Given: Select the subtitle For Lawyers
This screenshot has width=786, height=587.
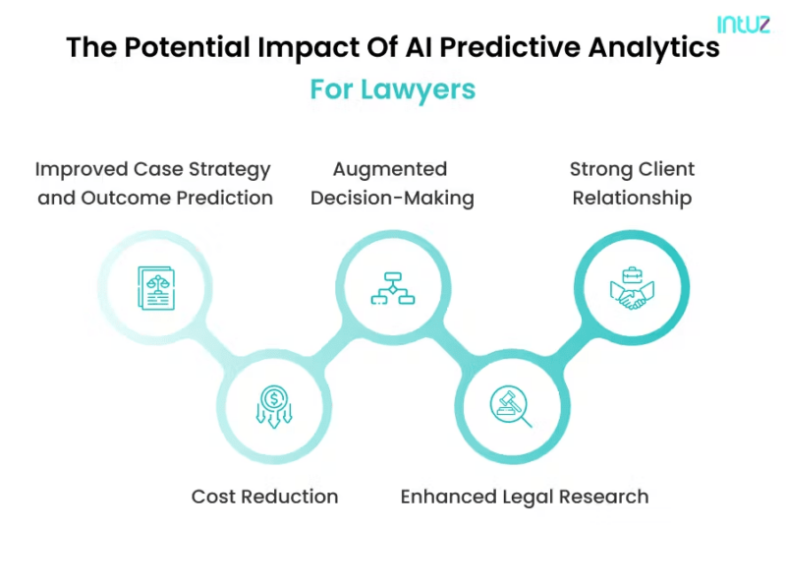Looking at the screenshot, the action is (x=393, y=89).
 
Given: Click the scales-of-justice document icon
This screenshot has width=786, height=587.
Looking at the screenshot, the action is (x=154, y=287).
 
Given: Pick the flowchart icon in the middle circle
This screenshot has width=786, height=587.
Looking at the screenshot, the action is (x=392, y=287).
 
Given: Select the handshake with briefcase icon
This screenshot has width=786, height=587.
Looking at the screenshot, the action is (x=632, y=287).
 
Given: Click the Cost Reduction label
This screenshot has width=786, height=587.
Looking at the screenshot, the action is (x=264, y=497).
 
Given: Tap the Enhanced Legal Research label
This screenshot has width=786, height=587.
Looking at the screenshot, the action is (x=524, y=497).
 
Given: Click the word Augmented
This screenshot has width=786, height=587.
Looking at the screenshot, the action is (x=390, y=169).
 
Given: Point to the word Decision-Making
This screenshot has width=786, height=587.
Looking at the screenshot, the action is (x=392, y=198).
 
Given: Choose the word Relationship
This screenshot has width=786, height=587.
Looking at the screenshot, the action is (x=632, y=198).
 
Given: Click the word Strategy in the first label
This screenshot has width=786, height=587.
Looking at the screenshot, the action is (x=231, y=169).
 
